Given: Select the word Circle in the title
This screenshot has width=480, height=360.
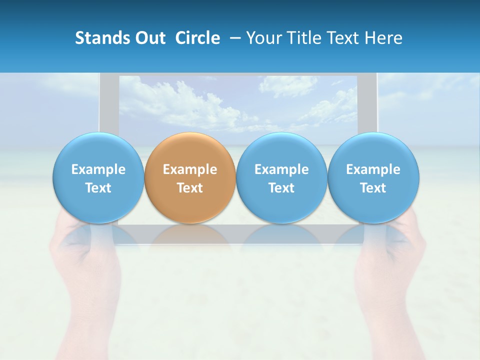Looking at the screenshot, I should pos(197,38).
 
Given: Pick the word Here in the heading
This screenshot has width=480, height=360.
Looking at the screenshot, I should pos(383,38).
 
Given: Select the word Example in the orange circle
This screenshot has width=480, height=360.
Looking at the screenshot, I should pos(190,169).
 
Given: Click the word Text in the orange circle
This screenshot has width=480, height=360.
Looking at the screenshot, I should pos(190,188).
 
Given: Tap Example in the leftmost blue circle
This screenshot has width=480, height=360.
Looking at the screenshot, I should pos(98,169).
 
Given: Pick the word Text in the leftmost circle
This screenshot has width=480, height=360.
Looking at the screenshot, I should pos(98,188).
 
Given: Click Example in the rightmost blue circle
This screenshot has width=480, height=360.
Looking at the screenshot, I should pos(373,169).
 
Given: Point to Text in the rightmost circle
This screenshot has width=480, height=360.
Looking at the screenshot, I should pos(373,188).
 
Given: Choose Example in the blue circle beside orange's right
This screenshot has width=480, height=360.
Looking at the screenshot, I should pos(281,169).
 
